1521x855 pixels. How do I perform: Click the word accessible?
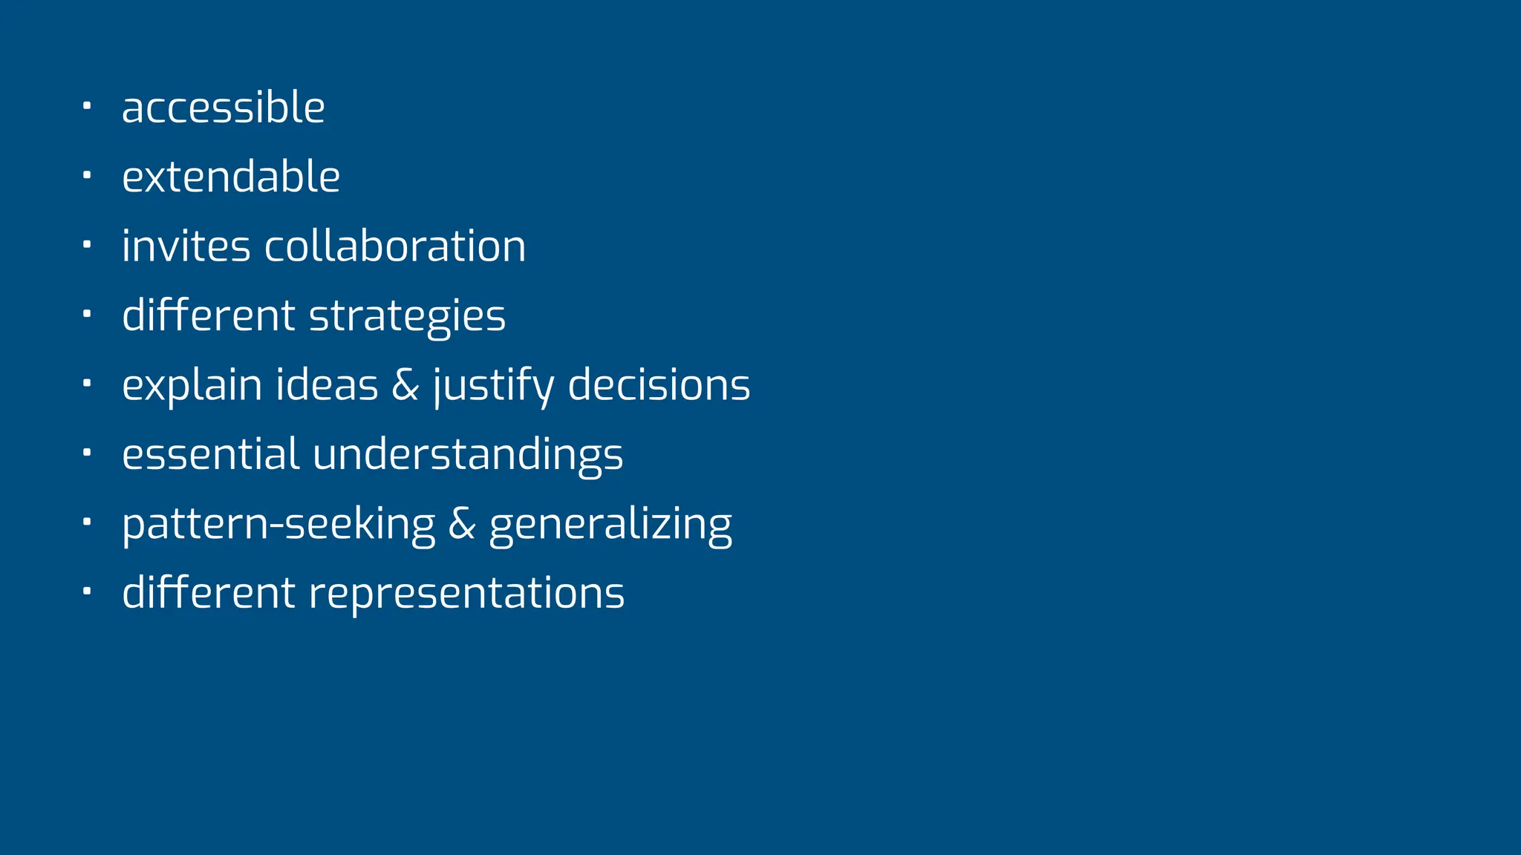223,108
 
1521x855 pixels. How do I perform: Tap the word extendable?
231,177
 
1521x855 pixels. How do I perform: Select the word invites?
186,246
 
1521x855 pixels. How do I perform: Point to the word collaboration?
395,246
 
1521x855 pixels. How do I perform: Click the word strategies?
407,316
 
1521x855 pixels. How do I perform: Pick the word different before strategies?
209,315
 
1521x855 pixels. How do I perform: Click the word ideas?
327,384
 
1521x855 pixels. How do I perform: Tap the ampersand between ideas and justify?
405,384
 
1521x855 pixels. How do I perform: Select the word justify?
493,386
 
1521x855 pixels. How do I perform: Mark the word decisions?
659,384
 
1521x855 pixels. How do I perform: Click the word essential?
211,453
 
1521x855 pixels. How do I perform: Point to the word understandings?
468,455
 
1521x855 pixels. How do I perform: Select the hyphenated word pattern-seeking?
279,524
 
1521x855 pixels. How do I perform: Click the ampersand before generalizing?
461,523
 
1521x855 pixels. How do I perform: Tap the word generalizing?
610,525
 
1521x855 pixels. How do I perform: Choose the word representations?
466,593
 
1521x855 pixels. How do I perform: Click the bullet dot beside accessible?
87,105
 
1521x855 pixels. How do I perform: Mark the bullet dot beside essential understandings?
87,451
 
